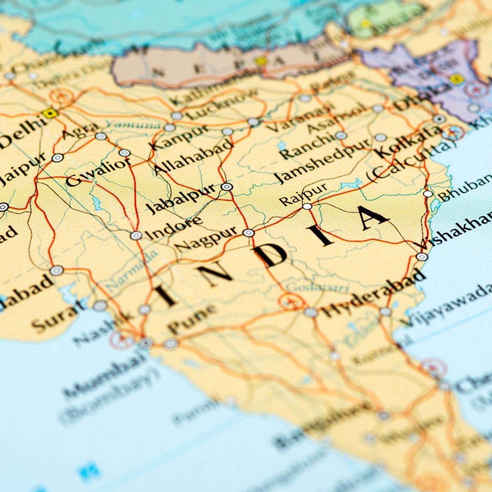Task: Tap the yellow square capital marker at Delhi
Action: pyautogui.click(x=49, y=113)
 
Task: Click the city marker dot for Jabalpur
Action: pyautogui.click(x=227, y=187)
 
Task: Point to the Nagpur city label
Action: pyautogui.click(x=208, y=239)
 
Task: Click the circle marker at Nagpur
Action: pyautogui.click(x=249, y=233)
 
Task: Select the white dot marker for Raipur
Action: pyautogui.click(x=307, y=206)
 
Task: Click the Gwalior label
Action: pyautogui.click(x=98, y=173)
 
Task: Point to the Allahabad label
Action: pyautogui.click(x=193, y=158)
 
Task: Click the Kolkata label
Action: pyautogui.click(x=409, y=140)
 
